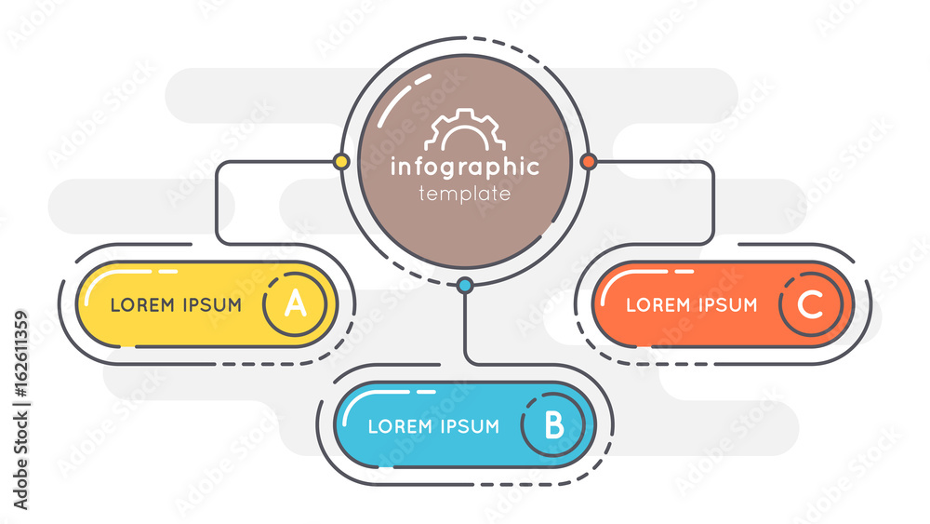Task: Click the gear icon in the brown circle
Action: click(x=464, y=129)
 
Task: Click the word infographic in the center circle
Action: click(x=465, y=168)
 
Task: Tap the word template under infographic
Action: click(x=464, y=194)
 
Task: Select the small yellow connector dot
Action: click(x=341, y=161)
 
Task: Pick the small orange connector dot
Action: click(x=589, y=161)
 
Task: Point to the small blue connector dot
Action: click(x=466, y=286)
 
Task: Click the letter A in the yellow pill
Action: click(x=296, y=303)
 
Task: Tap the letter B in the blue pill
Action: click(x=554, y=424)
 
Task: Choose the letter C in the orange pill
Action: click(x=810, y=303)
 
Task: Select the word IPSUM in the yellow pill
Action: click(x=212, y=305)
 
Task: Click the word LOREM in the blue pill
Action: click(x=400, y=426)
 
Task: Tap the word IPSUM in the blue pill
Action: click(x=470, y=426)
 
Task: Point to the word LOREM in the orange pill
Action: click(x=658, y=305)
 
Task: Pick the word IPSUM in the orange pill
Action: click(x=728, y=305)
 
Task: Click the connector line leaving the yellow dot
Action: click(x=217, y=203)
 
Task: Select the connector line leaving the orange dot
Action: click(x=712, y=203)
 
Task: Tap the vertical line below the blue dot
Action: click(x=466, y=327)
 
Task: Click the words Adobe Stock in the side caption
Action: click(x=20, y=461)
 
